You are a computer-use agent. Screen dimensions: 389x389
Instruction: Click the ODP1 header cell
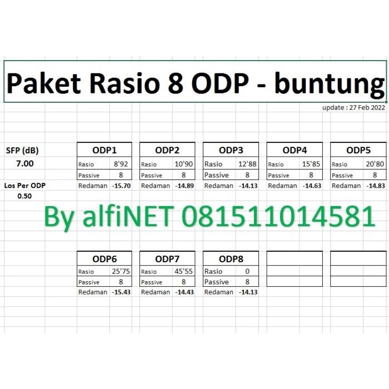click(x=104, y=150)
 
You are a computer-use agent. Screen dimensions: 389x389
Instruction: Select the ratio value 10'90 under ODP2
click(x=183, y=164)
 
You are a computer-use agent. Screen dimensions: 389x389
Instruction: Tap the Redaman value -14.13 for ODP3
click(x=248, y=186)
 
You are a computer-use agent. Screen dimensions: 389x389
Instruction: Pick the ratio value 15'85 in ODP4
click(x=311, y=164)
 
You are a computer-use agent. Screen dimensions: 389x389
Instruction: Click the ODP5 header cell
click(x=358, y=150)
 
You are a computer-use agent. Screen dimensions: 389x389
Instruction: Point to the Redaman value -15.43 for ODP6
click(x=121, y=292)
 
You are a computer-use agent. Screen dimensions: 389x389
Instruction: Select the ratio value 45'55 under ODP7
click(x=183, y=271)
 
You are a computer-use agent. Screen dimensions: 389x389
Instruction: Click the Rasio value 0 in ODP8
click(x=247, y=271)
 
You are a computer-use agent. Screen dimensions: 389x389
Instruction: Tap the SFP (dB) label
click(x=22, y=151)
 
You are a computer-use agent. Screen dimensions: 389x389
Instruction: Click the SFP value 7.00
click(x=25, y=163)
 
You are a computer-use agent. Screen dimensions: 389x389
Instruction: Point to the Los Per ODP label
click(x=25, y=186)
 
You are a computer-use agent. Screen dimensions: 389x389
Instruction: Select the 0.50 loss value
click(x=24, y=196)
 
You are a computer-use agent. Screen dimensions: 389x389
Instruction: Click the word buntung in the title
click(x=330, y=84)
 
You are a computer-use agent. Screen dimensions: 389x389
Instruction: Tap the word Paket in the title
click(x=44, y=83)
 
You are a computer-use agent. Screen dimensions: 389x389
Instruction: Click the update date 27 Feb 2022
click(x=367, y=108)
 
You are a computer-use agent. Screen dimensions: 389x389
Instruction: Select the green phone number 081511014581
click(x=278, y=216)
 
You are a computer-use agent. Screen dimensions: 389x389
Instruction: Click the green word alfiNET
click(x=128, y=216)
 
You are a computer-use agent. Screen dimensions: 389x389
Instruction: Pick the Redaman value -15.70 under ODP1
click(x=121, y=186)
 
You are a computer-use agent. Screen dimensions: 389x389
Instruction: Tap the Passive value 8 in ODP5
click(x=375, y=175)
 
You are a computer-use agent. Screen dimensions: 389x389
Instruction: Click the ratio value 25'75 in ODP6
click(x=121, y=271)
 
